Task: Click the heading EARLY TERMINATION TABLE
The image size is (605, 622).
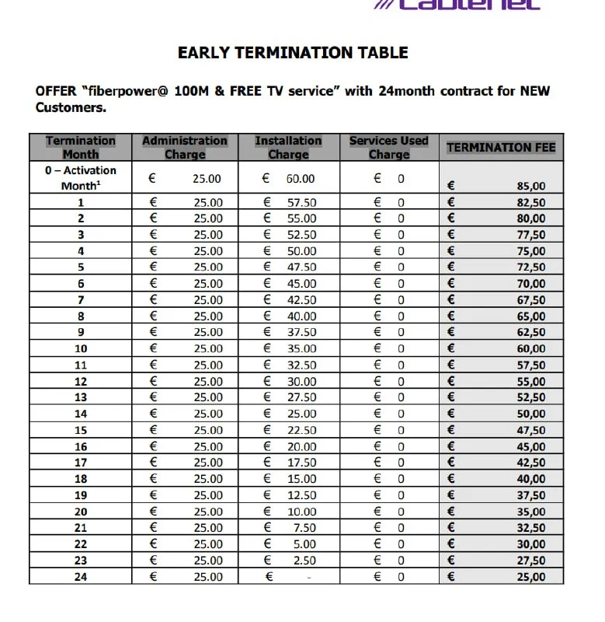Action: click(293, 53)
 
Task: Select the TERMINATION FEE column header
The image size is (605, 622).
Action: click(501, 147)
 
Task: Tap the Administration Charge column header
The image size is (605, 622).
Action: click(185, 147)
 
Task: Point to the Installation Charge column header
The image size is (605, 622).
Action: click(288, 147)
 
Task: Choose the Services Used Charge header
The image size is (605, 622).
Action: click(388, 147)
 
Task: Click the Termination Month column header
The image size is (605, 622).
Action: click(81, 147)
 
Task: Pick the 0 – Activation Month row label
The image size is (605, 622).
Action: click(81, 178)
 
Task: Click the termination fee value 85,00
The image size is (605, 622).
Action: click(531, 186)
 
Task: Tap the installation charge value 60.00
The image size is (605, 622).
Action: click(300, 179)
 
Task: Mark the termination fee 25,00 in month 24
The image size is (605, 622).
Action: click(531, 577)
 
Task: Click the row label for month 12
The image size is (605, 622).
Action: click(81, 382)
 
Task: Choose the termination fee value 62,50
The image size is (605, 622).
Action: click(531, 333)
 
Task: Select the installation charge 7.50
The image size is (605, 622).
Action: click(304, 528)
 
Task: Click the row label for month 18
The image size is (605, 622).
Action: click(81, 479)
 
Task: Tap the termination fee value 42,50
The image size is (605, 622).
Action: click(531, 463)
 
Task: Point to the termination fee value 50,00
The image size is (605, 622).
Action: click(531, 414)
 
